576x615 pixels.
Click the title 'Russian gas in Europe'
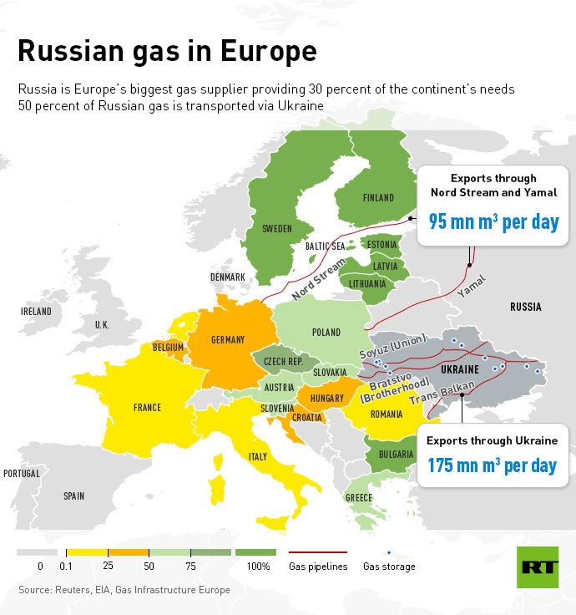point(167,51)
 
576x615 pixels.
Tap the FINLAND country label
point(378,198)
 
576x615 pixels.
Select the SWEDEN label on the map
point(276,228)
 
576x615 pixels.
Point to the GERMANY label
point(228,340)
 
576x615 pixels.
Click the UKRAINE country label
point(459,368)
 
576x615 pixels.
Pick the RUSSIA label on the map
point(525,307)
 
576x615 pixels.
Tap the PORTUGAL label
point(21,473)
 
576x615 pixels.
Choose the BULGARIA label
point(396,455)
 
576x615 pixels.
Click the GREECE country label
point(359,498)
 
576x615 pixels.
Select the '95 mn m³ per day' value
point(493,222)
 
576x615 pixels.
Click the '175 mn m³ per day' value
point(492,465)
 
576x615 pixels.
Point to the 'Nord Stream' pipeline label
point(318,281)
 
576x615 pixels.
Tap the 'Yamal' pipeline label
point(472,287)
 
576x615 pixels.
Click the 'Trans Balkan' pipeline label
point(442,394)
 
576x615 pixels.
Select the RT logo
point(538,567)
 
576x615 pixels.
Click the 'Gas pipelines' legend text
point(318,567)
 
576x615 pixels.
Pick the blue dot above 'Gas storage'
point(389,552)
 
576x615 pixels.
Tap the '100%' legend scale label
point(258,567)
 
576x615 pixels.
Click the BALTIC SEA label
point(325,247)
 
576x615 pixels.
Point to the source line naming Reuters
point(124,590)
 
